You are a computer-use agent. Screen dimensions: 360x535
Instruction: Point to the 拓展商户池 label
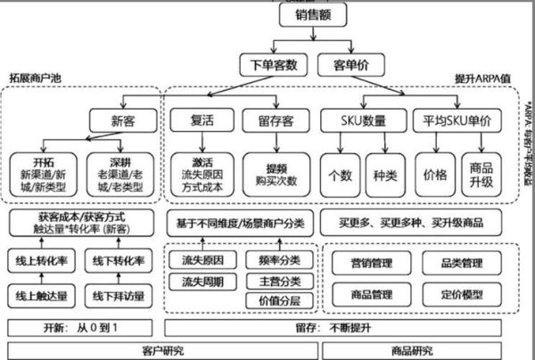36,78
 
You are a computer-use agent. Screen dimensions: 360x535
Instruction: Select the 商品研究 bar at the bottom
426,350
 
